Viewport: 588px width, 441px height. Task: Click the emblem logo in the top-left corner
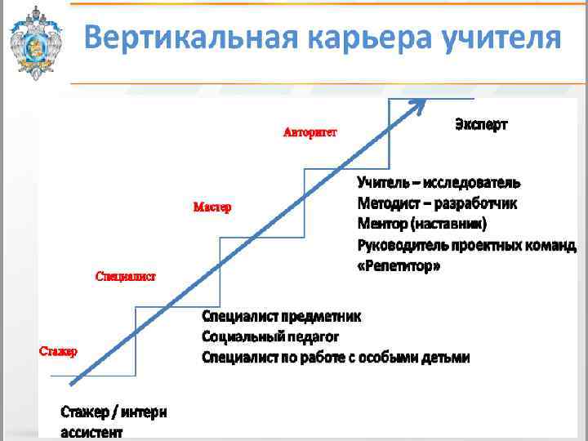coord(34,42)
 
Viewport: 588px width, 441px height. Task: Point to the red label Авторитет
coord(310,132)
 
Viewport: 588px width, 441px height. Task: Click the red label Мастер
coord(212,207)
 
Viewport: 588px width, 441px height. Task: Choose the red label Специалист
coord(126,277)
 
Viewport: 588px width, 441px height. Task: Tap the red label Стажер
coord(59,352)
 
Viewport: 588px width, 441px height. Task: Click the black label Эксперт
coord(481,125)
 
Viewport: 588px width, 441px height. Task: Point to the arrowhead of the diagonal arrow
coord(419,104)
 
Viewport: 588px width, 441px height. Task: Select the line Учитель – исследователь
coord(439,183)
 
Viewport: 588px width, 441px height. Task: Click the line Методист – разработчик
coord(437,203)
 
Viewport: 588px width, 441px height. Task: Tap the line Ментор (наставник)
coord(422,224)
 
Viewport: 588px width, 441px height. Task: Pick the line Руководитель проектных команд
coord(466,245)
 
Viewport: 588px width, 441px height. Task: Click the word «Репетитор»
coord(399,266)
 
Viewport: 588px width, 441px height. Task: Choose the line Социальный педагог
coord(269,336)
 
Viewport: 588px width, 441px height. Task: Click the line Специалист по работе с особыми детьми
coord(336,357)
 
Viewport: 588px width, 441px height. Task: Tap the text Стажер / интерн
coord(114,412)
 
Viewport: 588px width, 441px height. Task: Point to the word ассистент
coord(91,432)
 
